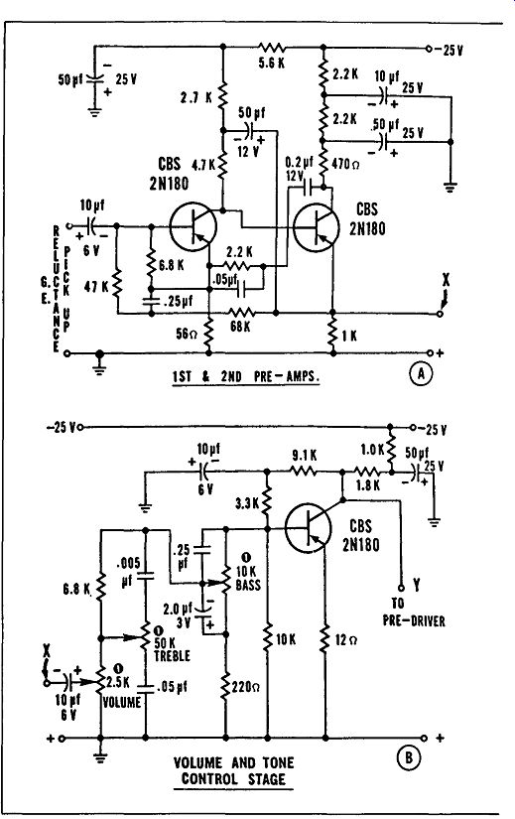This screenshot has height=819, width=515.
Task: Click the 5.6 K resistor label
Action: click(x=272, y=64)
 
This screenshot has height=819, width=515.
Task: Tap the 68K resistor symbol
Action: click(x=241, y=313)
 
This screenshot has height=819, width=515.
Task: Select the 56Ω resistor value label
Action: click(x=187, y=334)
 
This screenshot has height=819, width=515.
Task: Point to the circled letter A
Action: click(x=422, y=374)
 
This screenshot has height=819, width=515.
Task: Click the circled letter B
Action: click(x=409, y=757)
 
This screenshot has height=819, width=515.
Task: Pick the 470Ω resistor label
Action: click(x=345, y=164)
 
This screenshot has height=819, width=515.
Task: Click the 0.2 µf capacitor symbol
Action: click(x=309, y=187)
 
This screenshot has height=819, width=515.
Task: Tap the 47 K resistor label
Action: click(x=96, y=287)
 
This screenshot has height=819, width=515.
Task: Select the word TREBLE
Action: click(x=172, y=656)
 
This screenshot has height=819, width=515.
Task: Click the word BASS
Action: click(x=248, y=585)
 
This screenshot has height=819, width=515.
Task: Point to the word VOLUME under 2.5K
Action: click(x=122, y=703)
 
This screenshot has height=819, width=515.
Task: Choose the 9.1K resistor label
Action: click(x=304, y=456)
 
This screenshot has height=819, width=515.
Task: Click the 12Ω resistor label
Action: click(x=345, y=639)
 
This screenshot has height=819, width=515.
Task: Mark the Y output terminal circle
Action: click(x=401, y=588)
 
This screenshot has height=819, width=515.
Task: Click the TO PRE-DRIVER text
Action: click(x=414, y=613)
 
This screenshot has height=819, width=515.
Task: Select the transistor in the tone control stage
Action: click(x=309, y=528)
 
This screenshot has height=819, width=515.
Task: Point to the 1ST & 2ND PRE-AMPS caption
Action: click(x=245, y=376)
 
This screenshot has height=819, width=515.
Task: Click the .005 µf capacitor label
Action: click(x=128, y=572)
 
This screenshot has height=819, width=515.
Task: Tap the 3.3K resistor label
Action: click(x=247, y=504)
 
